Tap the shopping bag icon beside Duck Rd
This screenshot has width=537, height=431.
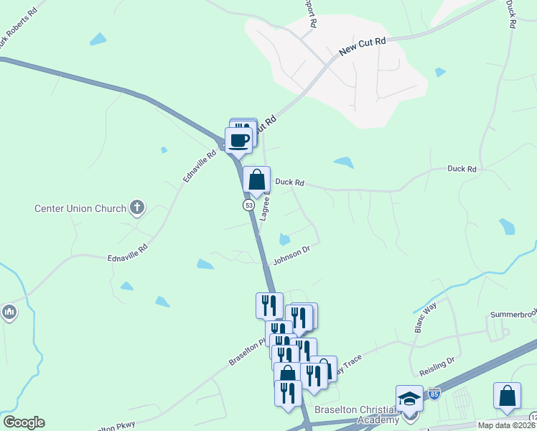tap(256, 180)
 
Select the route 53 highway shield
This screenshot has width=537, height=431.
tap(248, 205)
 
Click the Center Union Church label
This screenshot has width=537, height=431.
tap(80, 209)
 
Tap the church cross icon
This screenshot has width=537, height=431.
tap(137, 208)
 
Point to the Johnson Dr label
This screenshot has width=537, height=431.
tap(291, 254)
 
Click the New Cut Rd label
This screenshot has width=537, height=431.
tap(363, 47)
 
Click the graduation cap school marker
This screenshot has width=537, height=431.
tap(409, 399)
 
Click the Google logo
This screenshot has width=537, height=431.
tap(24, 422)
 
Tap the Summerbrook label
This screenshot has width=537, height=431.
tap(513, 315)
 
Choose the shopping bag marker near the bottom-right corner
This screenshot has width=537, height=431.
tap(507, 397)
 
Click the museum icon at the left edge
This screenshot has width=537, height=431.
tap(9, 313)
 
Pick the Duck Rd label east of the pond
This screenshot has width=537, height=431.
tap(462, 169)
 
